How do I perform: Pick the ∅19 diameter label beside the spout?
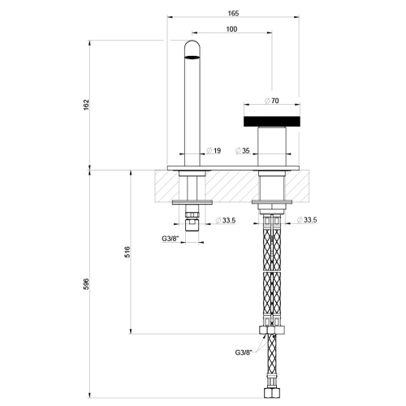coord(215,150)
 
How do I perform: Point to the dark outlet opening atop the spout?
coord(192,56)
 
